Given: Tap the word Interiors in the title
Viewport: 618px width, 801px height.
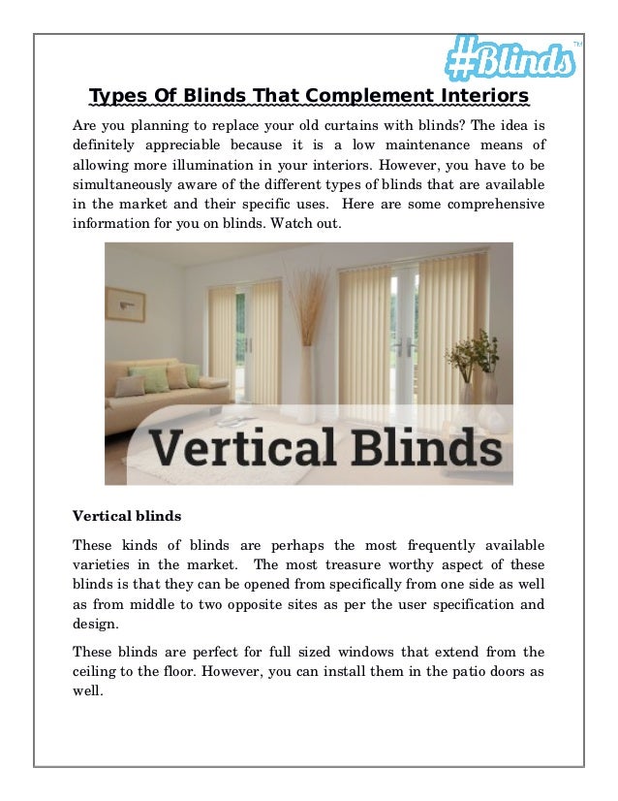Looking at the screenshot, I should tap(480, 96).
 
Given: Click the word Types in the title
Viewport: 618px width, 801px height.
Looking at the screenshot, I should tap(111, 96).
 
